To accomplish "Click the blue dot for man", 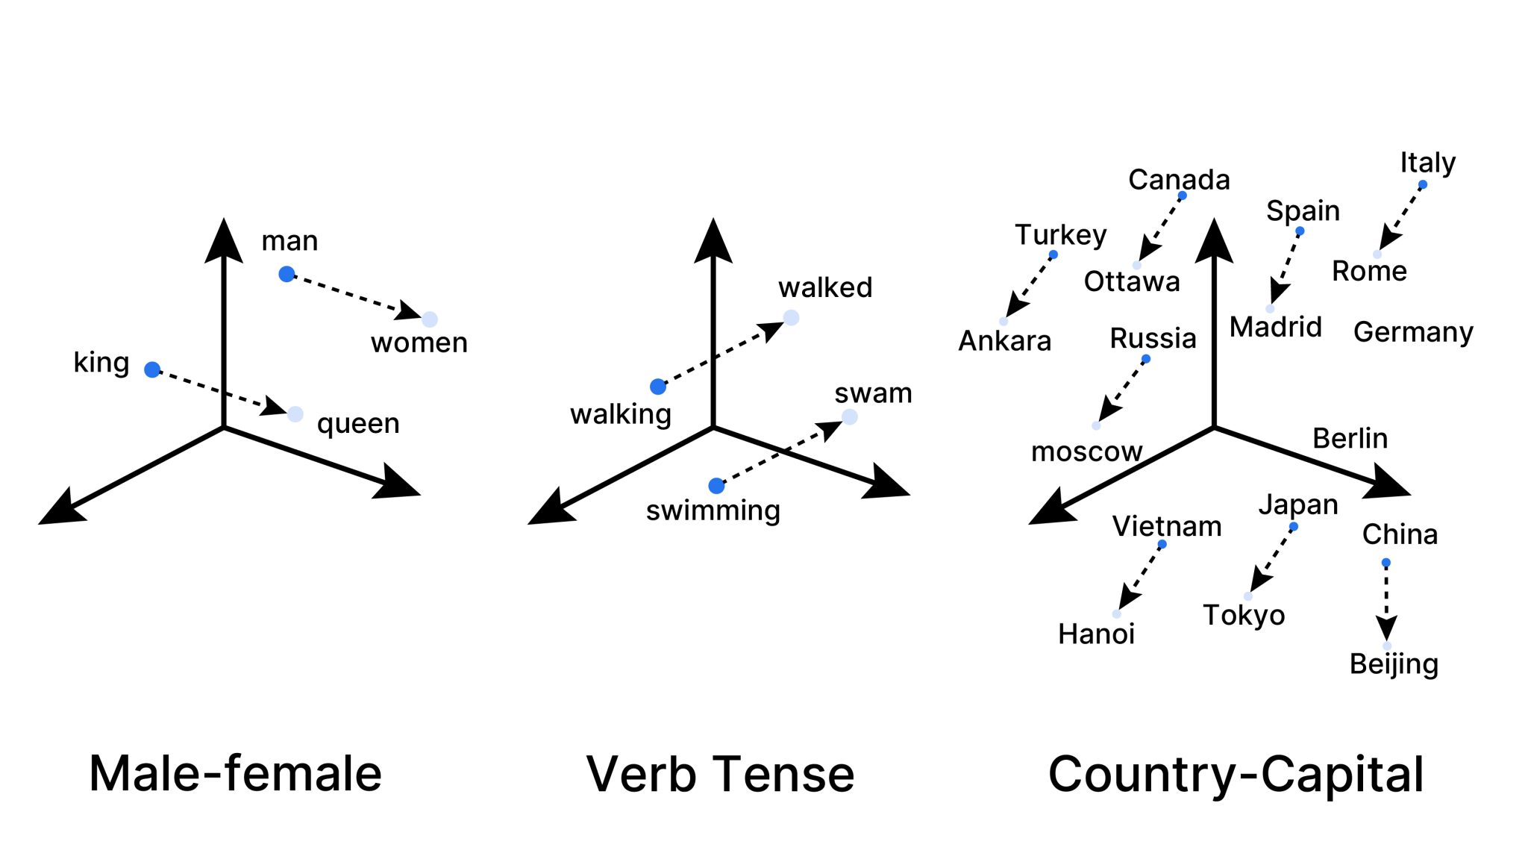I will tap(286, 274).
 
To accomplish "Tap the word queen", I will tap(358, 424).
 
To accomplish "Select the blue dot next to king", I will tap(152, 369).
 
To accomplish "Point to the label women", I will tap(419, 343).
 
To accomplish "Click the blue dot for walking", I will tap(658, 387).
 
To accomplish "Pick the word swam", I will tap(873, 393).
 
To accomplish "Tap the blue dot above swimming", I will tap(716, 486).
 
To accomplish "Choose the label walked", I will tap(825, 287).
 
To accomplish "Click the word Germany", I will tap(1413, 332).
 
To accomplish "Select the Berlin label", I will tap(1350, 438).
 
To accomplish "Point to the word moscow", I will tap(1086, 452).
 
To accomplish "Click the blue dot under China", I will tap(1385, 563).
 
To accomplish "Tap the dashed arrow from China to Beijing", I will tap(1386, 601).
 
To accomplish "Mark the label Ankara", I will tap(1004, 341).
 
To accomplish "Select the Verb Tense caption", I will tap(720, 774).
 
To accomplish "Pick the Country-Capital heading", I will tap(1236, 774).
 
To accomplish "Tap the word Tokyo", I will tap(1244, 616).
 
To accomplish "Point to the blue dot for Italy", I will tap(1422, 184).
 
